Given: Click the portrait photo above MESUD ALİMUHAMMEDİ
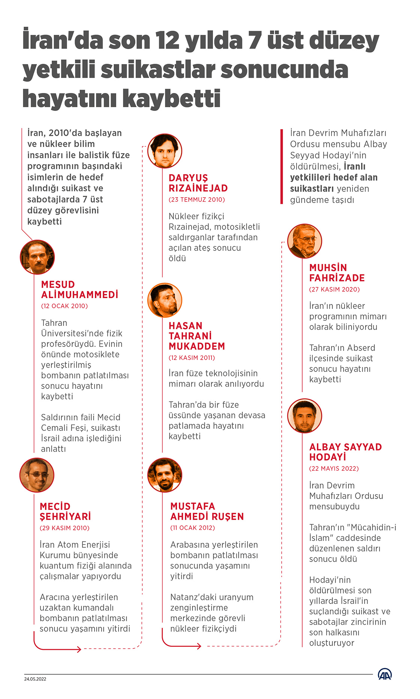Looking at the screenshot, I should pyautogui.click(x=37, y=257).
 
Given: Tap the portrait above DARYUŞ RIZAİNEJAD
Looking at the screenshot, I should pyautogui.click(x=165, y=151).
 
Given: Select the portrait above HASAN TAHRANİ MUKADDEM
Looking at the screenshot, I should pyautogui.click(x=165, y=300).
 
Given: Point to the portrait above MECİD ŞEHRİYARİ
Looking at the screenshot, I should pyautogui.click(x=37, y=475).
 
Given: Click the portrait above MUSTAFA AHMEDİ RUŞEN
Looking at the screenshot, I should pyautogui.click(x=165, y=475).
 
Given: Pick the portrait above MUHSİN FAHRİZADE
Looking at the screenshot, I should pyautogui.click(x=304, y=241).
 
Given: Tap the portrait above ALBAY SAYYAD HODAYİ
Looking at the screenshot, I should pyautogui.click(x=304, y=415).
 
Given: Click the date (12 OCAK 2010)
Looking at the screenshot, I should pyautogui.click(x=64, y=306).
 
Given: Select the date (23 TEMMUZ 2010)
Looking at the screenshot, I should pyautogui.click(x=196, y=199).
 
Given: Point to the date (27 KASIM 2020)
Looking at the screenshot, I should pyautogui.click(x=334, y=289).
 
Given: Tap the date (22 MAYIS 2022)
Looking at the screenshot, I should pyautogui.click(x=334, y=469).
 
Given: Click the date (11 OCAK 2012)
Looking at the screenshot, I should pyautogui.click(x=192, y=528).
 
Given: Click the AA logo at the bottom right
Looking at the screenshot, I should pyautogui.click(x=385, y=674).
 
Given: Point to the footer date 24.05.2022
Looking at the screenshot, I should pyautogui.click(x=35, y=679).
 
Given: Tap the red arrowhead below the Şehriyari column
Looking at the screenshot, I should pyautogui.click(x=79, y=649).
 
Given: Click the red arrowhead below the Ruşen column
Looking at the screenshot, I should pyautogui.click(x=199, y=646).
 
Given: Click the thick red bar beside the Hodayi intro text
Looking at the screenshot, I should pyautogui.click(x=282, y=166).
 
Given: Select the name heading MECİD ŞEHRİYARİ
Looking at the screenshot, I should pyautogui.click(x=65, y=511).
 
